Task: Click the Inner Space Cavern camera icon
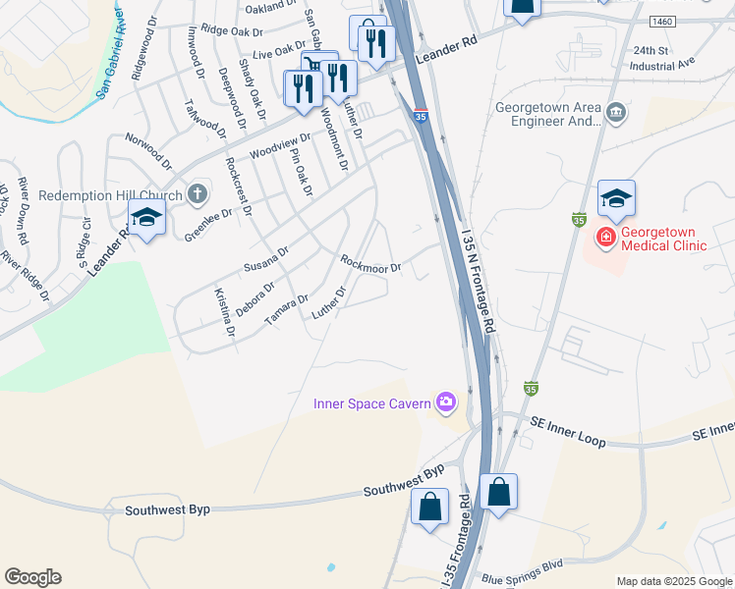pos(447,401)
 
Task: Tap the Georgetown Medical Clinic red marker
pos(605,238)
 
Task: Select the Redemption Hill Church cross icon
pos(197,194)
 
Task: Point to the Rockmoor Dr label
pos(370,264)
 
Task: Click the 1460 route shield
pos(661,21)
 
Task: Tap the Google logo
pos(32,577)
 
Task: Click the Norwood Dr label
pos(148,149)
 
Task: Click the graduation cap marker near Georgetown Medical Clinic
pos(616,199)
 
